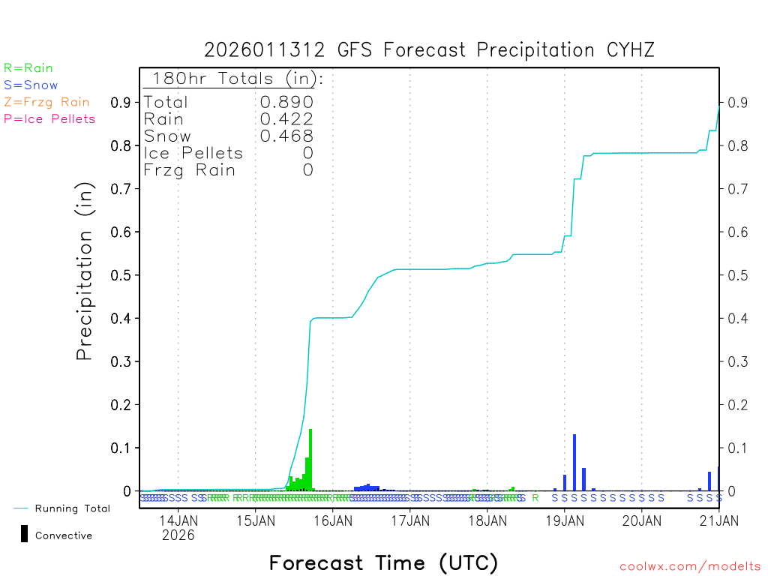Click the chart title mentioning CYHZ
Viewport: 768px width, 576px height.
tap(429, 50)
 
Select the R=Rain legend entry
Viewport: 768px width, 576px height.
tap(28, 68)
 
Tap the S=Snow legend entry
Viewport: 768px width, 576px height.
tap(31, 85)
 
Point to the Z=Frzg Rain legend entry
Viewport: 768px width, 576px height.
tap(46, 102)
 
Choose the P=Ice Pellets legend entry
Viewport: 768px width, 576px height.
tap(49, 118)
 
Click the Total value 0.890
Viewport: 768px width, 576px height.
tap(286, 102)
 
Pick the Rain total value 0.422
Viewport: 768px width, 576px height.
tap(286, 118)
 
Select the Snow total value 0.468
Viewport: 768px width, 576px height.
tap(286, 136)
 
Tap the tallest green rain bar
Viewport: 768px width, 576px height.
tap(310, 460)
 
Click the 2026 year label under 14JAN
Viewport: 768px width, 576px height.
tap(178, 535)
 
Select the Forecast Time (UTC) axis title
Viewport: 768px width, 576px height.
tap(383, 562)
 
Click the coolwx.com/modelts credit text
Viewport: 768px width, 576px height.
tap(690, 567)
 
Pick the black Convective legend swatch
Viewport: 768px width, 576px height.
tap(25, 533)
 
